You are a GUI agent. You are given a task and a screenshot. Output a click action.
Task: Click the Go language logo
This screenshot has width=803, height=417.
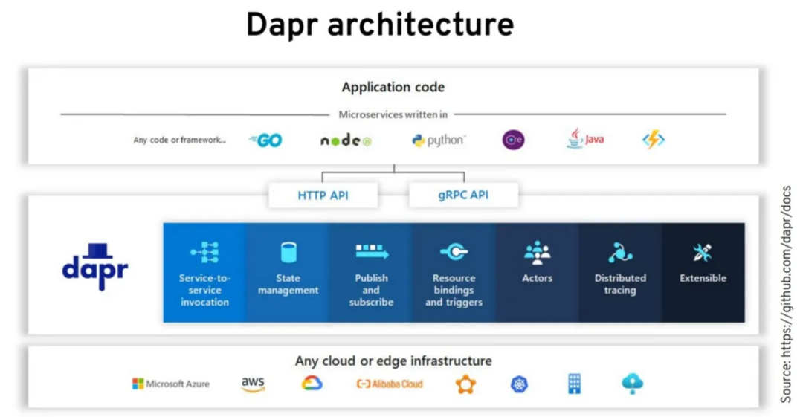265,140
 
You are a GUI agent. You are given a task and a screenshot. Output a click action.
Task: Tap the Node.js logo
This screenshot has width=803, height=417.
346,140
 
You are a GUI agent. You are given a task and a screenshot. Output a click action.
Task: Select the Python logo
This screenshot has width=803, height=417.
439,140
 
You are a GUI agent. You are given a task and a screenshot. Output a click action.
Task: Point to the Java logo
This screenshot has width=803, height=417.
585,139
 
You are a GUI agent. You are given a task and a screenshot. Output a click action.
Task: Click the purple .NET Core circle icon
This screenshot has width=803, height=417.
513,139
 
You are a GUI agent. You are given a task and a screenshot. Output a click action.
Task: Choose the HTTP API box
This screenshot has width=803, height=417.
323,195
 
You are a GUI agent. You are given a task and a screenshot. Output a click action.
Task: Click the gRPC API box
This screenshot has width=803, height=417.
463,195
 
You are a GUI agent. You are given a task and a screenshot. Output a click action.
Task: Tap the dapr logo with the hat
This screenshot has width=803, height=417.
95,266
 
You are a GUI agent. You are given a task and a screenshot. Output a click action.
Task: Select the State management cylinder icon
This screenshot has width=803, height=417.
288,253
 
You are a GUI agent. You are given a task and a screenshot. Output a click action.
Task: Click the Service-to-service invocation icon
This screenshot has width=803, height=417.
205,252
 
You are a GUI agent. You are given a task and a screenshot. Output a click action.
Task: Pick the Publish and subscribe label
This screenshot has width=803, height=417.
371,290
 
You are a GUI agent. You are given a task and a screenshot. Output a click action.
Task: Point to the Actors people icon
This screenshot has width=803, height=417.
538,253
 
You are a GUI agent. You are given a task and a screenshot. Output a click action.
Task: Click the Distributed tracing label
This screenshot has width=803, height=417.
620,284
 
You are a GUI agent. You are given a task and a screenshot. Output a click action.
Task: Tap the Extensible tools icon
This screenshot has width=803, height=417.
703,252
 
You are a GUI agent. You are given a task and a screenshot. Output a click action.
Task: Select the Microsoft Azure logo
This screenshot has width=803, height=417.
171,384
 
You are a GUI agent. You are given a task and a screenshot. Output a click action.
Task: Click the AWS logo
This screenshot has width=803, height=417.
253,384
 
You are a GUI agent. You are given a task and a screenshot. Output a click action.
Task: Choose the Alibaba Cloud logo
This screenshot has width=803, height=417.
390,384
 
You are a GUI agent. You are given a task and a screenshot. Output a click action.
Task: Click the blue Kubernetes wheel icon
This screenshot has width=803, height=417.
519,384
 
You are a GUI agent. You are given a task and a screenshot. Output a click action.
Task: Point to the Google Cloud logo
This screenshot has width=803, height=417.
312,384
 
